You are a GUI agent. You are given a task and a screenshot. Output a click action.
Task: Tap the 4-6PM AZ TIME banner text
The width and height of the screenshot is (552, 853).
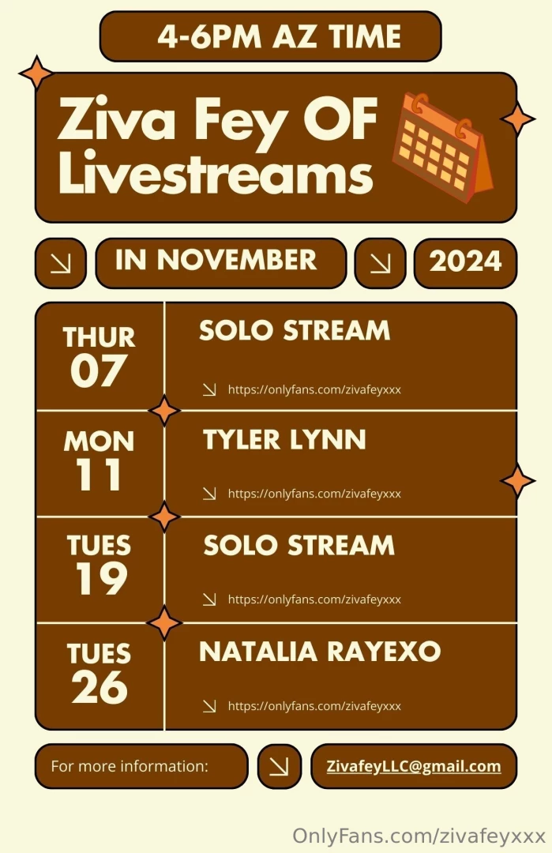279,36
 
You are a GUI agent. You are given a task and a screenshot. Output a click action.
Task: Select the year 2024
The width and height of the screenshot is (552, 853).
465,261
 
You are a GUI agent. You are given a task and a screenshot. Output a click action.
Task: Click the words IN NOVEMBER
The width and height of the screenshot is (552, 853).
216,260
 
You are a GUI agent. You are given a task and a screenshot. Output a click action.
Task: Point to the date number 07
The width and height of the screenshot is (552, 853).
98,371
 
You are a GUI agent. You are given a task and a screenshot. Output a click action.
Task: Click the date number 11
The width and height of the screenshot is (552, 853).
99,475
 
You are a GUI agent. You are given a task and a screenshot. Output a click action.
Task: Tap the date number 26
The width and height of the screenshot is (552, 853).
100,686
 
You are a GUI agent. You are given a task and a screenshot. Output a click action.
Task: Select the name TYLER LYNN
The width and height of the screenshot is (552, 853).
284,440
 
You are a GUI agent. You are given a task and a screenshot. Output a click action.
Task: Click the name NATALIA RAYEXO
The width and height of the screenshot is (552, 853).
320,652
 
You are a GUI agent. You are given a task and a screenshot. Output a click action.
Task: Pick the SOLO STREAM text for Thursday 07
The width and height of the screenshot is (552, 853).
294,330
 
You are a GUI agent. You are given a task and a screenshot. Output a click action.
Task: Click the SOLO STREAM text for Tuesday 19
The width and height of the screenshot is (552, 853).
299,545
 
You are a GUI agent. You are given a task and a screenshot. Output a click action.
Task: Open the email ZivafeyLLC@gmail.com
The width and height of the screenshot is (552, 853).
414,766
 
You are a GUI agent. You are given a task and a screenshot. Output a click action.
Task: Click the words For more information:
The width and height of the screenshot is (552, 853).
130,766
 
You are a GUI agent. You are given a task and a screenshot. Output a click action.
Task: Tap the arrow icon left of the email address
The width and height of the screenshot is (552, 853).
279,766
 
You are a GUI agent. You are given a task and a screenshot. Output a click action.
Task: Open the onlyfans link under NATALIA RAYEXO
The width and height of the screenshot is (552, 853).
314,706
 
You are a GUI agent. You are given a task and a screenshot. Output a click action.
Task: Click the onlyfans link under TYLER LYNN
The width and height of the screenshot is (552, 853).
314,494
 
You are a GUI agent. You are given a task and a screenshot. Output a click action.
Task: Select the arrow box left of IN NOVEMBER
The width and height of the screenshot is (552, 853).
60,262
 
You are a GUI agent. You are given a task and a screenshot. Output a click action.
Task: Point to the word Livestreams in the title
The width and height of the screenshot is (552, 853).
215,175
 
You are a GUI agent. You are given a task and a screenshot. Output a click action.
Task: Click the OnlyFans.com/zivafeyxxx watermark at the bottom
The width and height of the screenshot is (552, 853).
419,836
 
